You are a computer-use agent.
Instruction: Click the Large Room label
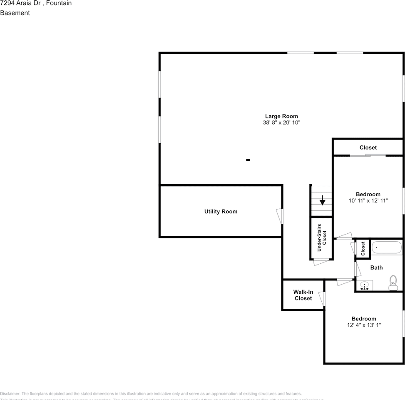pos(281,116)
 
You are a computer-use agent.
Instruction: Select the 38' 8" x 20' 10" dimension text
pos(281,123)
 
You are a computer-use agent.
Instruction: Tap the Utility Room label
pos(221,212)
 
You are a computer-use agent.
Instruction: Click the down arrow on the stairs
pos(322,200)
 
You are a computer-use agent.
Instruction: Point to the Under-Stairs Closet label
pos(322,238)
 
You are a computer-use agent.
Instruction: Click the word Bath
pos(376,267)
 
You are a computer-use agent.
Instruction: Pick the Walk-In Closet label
pos(303,295)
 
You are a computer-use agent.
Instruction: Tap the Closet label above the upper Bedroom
pos(368,147)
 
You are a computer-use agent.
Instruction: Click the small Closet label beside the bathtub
pos(363,249)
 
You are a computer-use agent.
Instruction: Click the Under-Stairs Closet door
pos(321,262)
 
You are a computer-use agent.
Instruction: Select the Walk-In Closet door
pos(322,298)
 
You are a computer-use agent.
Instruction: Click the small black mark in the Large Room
pos(248,160)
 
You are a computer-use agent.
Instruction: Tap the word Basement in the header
pos(15,13)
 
